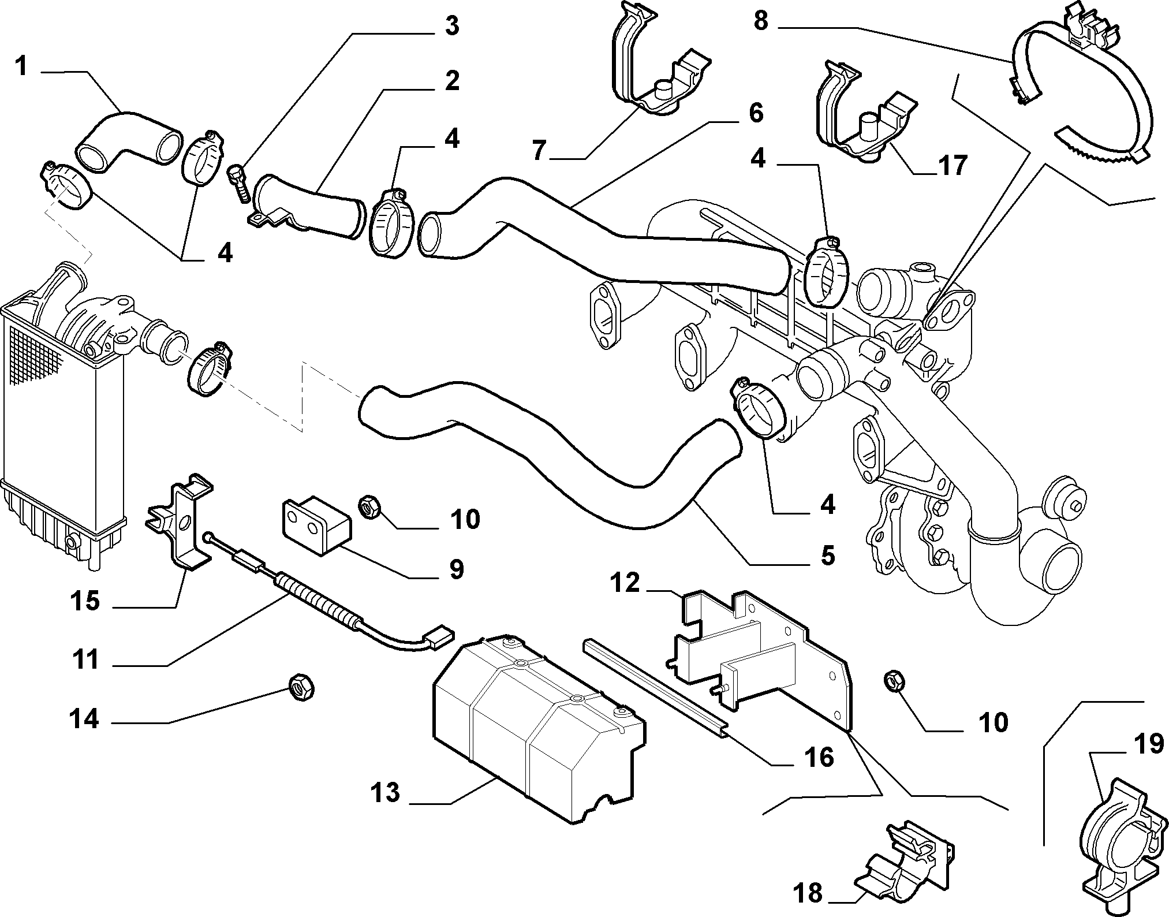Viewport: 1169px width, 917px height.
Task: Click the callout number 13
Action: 386,792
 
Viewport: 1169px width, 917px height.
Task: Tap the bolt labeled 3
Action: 240,184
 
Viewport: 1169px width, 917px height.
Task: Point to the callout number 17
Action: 951,166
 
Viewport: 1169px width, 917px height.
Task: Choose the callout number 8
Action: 761,21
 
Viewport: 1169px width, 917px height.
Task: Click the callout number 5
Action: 827,556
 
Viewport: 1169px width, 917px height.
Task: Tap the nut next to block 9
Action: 368,508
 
